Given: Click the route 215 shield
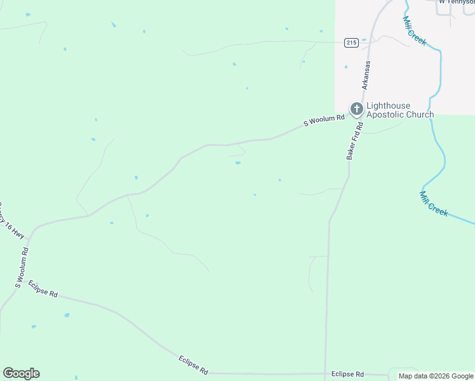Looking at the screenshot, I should point(352,43).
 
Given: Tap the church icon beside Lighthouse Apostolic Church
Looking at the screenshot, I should point(356,110).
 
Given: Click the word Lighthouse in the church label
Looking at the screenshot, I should point(388,105).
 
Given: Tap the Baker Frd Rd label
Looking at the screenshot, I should point(354,140).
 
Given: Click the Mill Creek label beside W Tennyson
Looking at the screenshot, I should point(413,29).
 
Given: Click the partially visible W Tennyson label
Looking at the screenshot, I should point(456,2).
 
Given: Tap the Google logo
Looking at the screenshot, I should point(21,373).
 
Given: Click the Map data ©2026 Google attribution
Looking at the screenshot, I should point(436,376).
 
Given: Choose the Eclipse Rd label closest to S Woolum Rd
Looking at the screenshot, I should point(43,290).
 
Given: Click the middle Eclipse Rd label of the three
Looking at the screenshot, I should point(193,364).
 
